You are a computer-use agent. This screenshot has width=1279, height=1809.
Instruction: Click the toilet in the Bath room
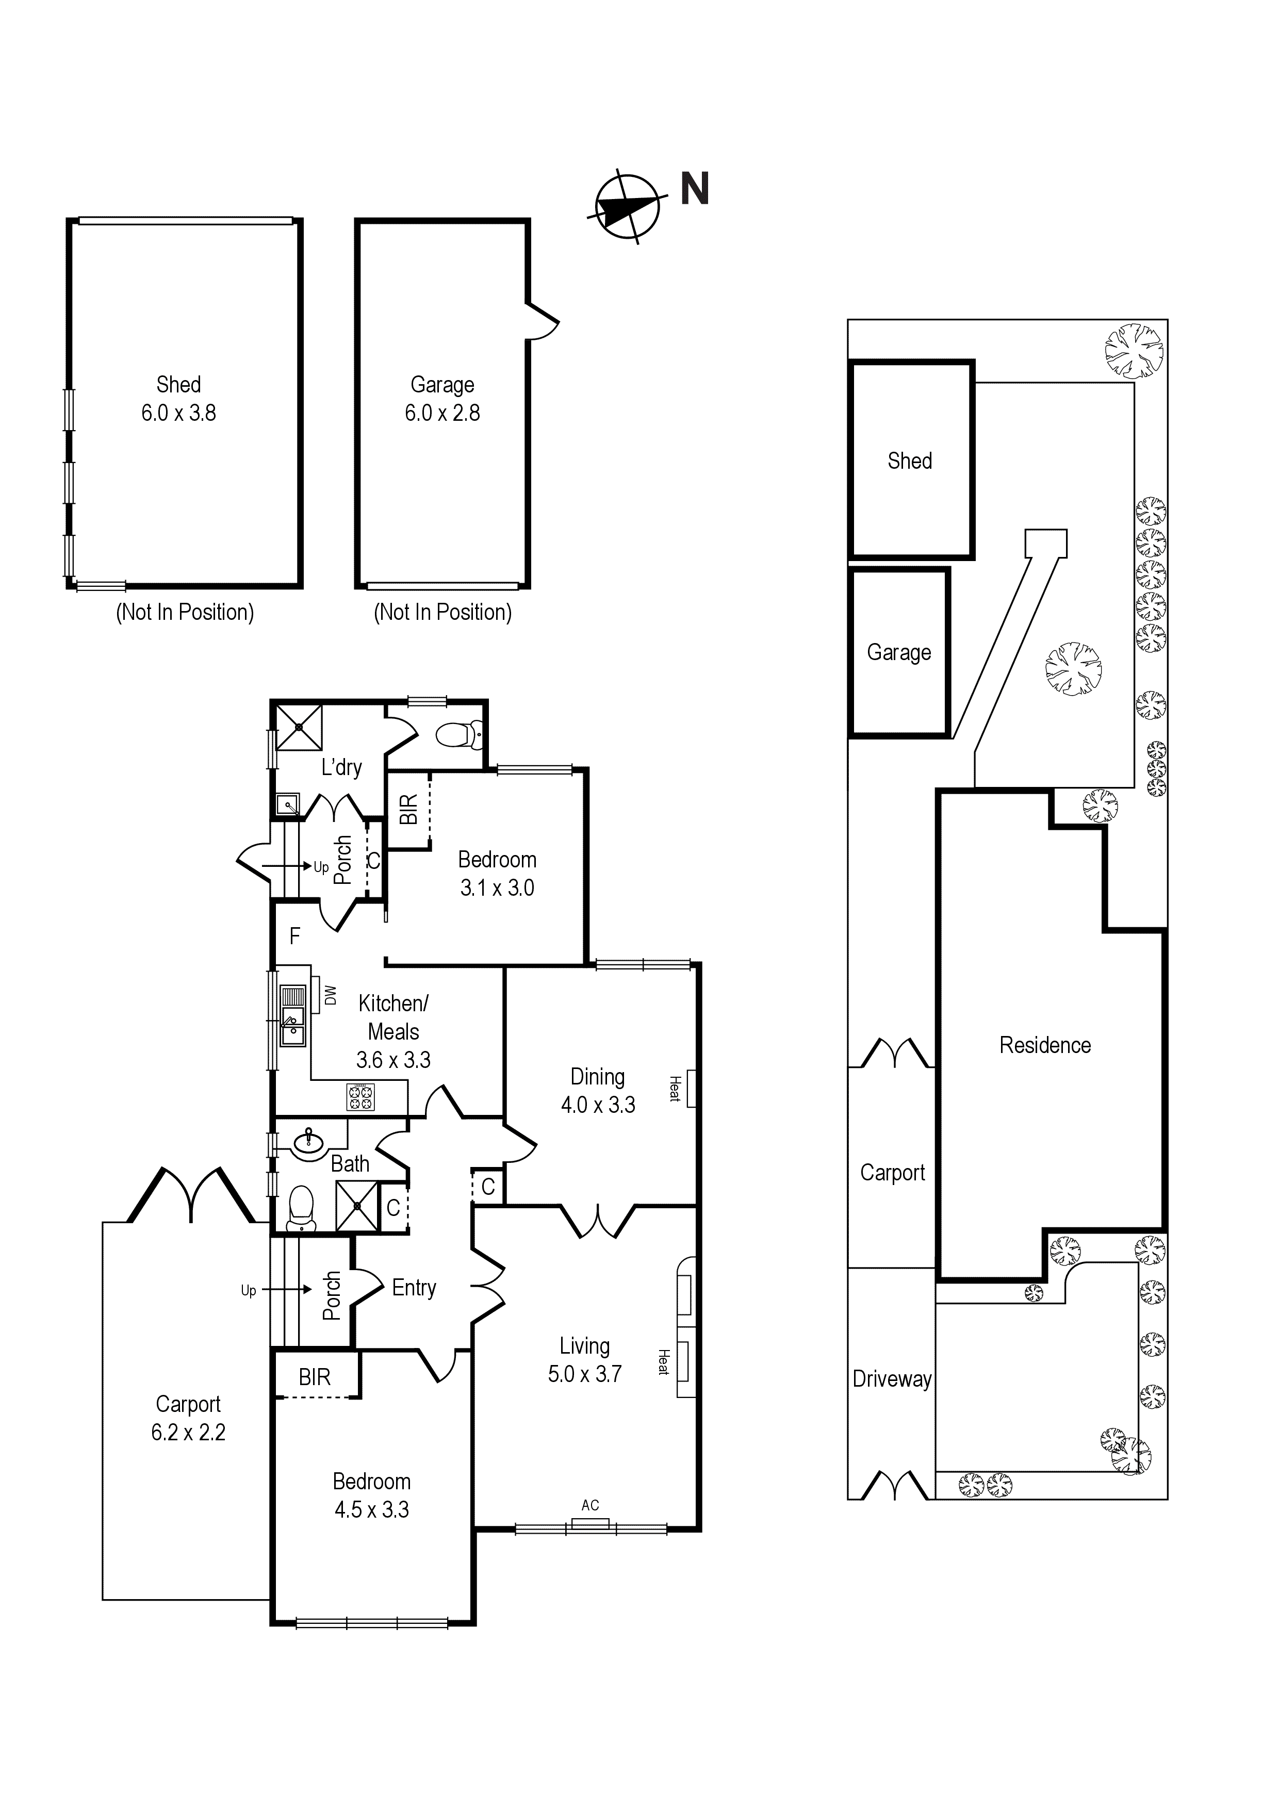click(x=300, y=1209)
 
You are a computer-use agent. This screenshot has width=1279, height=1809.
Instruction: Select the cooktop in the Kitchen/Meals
click(x=361, y=1097)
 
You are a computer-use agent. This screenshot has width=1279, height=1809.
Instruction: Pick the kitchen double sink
click(x=293, y=1016)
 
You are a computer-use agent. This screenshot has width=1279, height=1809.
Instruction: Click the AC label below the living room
click(x=590, y=1506)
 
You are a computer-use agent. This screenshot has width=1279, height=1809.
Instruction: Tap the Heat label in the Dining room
click(x=675, y=1089)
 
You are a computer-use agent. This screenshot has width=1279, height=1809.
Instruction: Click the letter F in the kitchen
click(x=294, y=936)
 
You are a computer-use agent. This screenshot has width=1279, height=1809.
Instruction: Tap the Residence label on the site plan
click(x=1045, y=1045)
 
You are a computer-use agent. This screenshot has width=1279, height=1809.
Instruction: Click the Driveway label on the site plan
click(x=892, y=1379)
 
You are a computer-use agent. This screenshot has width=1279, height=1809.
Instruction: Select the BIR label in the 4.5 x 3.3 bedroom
click(x=315, y=1377)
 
